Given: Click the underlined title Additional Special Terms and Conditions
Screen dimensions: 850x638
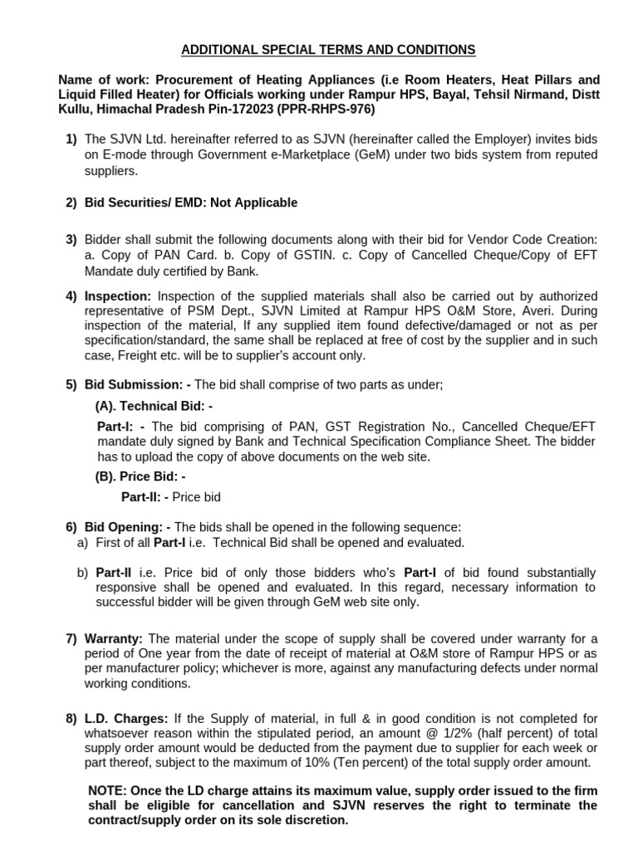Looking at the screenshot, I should tap(329, 50).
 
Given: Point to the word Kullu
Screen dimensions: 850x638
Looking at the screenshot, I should tap(76, 109).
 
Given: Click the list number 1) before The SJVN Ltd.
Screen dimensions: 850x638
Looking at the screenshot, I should tap(71, 140).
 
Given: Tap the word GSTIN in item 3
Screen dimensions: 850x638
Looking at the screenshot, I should tap(295, 255).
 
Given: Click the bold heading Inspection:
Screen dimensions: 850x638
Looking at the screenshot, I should tap(119, 296).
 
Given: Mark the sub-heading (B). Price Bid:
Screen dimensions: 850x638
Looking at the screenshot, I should tap(140, 476).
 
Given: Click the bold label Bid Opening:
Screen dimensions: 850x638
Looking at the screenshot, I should tap(128, 527).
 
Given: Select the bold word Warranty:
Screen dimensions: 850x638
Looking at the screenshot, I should tap(114, 638).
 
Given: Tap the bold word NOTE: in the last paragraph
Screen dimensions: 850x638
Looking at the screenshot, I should tap(108, 789).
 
